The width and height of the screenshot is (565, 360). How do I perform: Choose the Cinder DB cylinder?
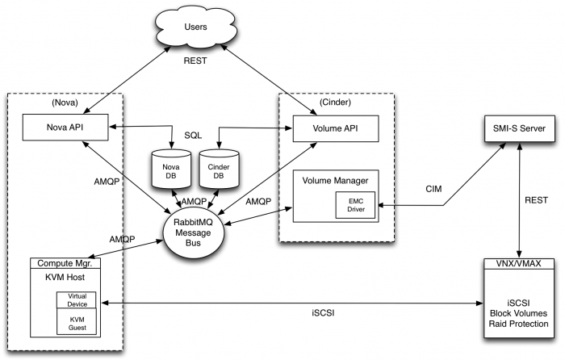click(217, 168)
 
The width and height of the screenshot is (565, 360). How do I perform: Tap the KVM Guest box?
click(76, 323)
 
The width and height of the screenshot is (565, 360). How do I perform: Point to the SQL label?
click(195, 136)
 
